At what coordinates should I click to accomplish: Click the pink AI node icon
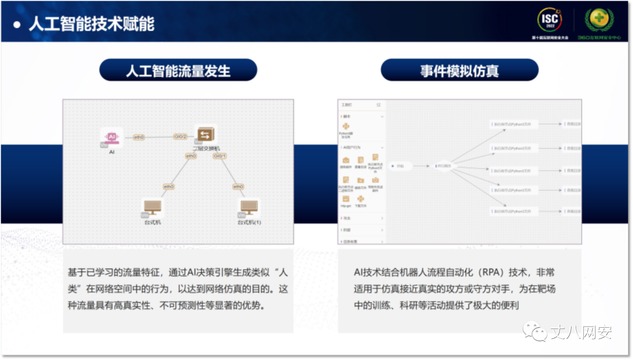tap(111, 136)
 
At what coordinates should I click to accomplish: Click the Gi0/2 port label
tap(180, 137)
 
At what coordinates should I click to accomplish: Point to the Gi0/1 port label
tap(220, 156)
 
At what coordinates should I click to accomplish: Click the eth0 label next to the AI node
tap(139, 137)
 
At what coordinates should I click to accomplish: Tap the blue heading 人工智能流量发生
tap(178, 71)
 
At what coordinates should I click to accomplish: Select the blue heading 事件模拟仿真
tap(460, 71)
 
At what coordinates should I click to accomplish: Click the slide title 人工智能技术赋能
tap(91, 23)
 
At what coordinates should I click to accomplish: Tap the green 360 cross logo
tap(599, 20)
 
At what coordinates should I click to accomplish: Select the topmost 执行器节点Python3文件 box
tap(513, 124)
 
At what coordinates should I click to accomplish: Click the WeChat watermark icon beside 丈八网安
tap(533, 332)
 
